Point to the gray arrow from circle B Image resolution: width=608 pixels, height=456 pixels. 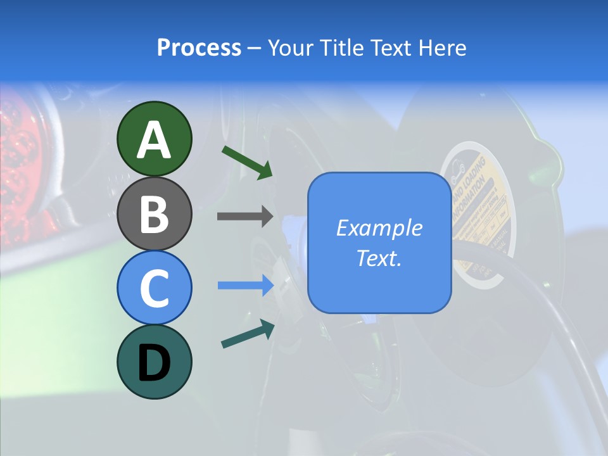[x=245, y=216]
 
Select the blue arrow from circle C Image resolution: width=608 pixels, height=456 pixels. [x=245, y=286]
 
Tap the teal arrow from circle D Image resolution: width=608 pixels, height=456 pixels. [x=248, y=334]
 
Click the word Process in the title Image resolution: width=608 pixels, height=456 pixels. [x=199, y=48]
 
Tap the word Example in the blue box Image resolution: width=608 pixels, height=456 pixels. [x=379, y=228]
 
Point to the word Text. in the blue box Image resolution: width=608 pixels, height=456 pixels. [x=379, y=258]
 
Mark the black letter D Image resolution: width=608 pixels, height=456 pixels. [x=154, y=363]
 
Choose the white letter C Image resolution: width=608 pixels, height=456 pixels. [x=154, y=288]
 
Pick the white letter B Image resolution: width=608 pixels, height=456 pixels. [x=154, y=214]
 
